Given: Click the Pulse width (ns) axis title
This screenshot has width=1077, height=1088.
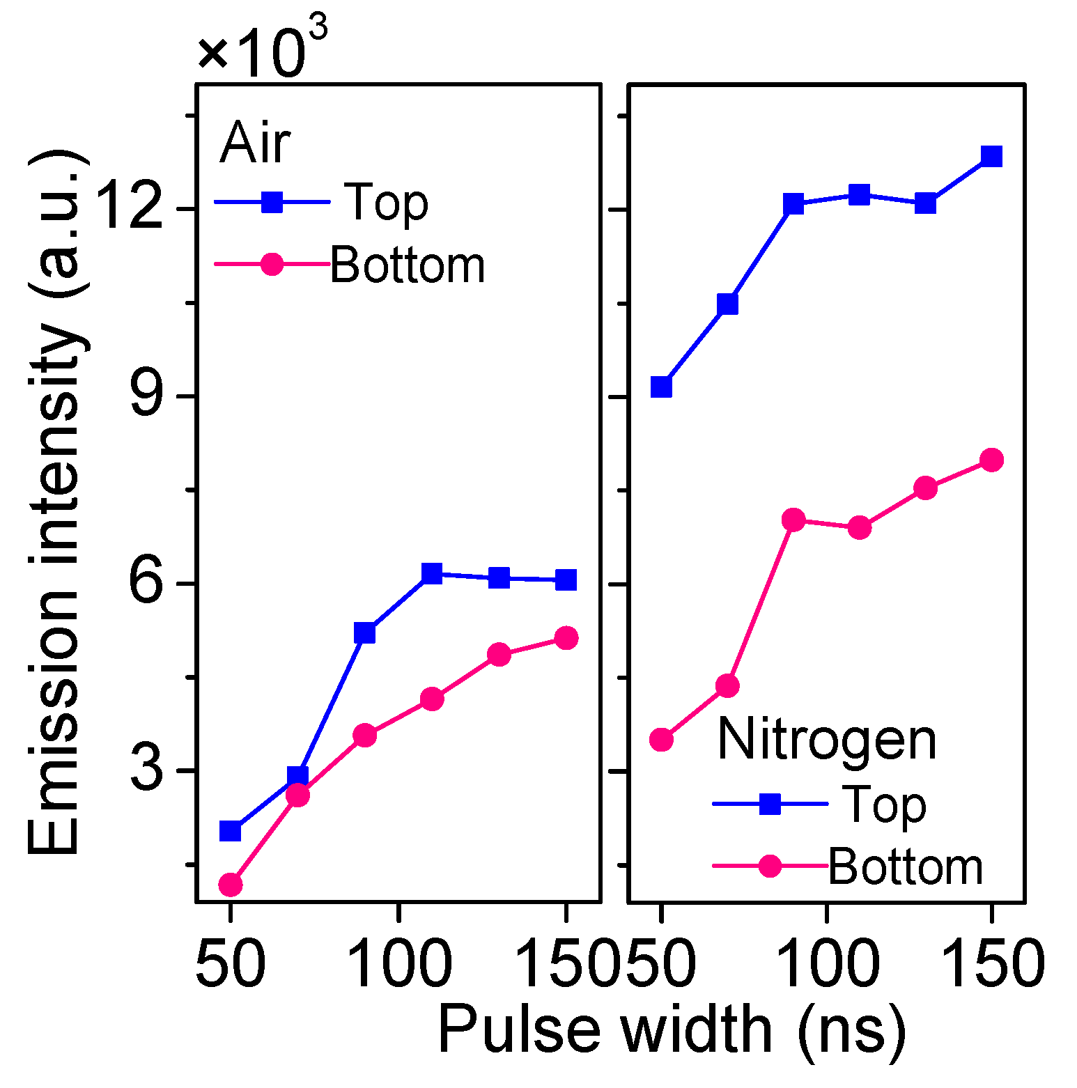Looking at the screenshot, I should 672,1029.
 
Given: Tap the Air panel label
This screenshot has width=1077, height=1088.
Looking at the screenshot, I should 255,143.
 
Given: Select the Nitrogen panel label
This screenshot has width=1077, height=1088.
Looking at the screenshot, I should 826,740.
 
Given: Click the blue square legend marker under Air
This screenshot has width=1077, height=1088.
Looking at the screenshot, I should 272,203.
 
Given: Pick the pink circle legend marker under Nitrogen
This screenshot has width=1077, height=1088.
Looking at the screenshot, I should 770,866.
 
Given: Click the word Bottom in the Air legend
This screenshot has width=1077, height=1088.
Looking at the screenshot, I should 407,265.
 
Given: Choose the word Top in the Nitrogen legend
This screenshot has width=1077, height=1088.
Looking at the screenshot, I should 885,805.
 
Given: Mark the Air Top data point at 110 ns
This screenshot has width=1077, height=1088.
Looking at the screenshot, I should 432,574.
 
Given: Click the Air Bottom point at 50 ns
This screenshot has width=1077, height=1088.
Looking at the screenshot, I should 231,885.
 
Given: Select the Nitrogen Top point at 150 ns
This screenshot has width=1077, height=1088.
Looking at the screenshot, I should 991,156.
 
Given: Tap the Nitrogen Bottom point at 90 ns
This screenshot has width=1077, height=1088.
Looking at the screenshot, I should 793,520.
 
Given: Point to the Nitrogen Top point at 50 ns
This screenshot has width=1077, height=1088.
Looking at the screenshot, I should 661,387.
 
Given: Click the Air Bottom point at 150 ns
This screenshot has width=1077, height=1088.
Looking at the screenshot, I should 566,637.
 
